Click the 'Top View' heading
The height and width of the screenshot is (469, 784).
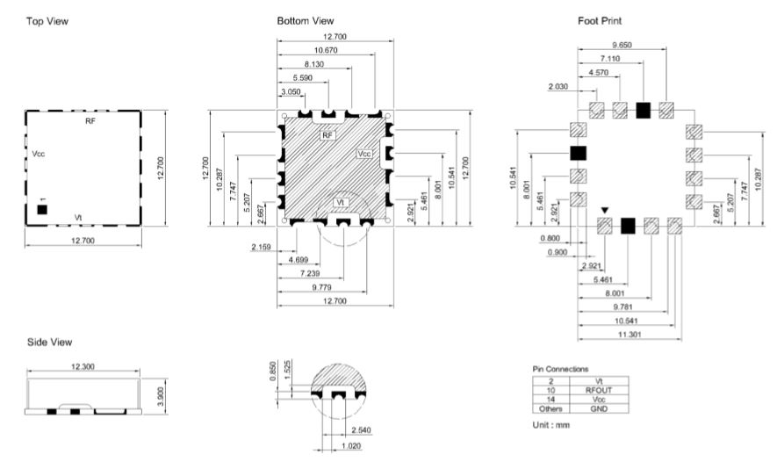(x=47, y=21)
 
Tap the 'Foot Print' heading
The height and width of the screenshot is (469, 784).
(x=600, y=21)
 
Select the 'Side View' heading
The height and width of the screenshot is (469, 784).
(x=49, y=342)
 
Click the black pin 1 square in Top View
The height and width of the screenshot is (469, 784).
(x=42, y=210)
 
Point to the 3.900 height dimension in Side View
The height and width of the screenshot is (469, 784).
(x=161, y=396)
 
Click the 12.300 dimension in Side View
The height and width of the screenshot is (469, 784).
(x=83, y=366)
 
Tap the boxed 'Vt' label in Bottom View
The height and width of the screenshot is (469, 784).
(x=341, y=202)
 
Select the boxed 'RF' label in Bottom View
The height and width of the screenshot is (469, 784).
(x=327, y=135)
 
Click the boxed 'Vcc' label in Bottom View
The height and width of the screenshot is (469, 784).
(x=364, y=154)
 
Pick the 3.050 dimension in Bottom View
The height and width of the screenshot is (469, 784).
(x=291, y=92)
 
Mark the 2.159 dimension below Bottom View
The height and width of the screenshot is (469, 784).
(x=261, y=247)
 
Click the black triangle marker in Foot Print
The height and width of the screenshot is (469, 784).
(x=605, y=211)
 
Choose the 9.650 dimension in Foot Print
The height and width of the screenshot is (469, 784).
(x=622, y=45)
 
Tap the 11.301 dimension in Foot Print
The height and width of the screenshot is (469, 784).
(x=629, y=334)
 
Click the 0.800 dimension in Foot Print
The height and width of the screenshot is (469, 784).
(x=550, y=239)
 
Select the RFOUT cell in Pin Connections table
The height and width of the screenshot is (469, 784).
(x=599, y=390)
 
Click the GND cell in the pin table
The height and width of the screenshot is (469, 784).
(x=599, y=408)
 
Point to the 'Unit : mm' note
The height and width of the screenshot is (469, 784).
(x=551, y=425)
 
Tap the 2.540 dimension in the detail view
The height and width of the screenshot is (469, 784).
(x=361, y=430)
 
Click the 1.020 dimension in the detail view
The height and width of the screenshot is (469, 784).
(x=351, y=445)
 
